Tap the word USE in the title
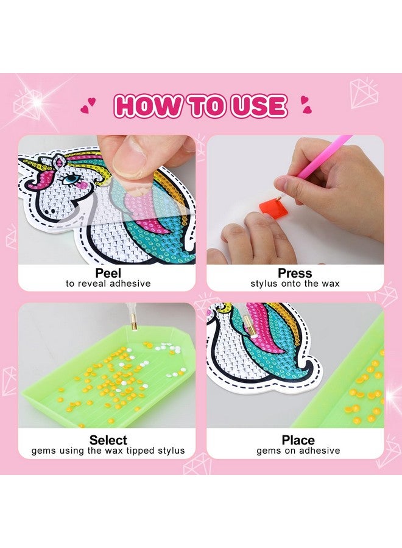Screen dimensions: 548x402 (256, 106)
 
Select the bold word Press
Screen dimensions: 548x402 (295, 273)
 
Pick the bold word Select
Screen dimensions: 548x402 (108, 440)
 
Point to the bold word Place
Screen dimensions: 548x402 (298, 440)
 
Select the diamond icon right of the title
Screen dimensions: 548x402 (363, 93)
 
